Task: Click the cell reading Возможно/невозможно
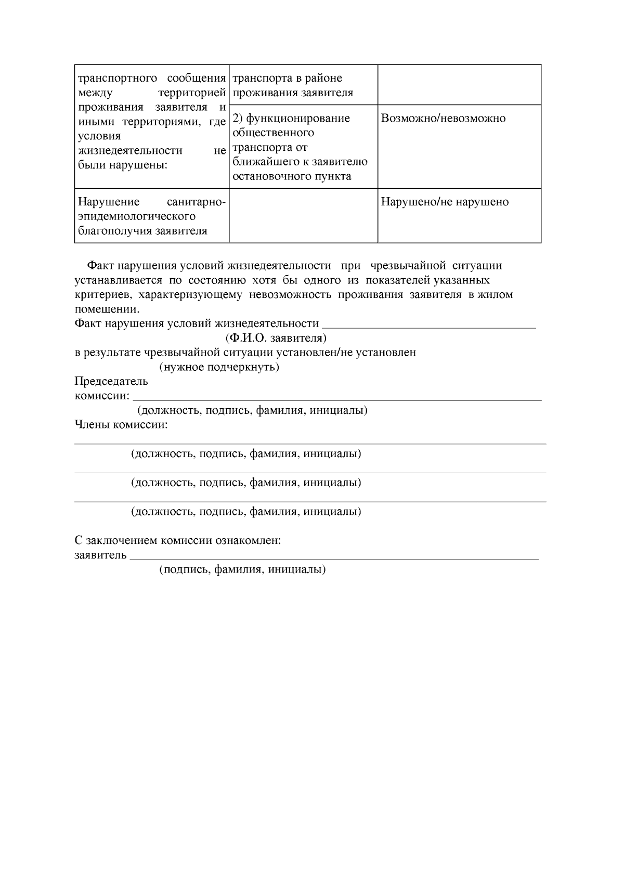tap(443, 119)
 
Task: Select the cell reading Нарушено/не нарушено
tap(445, 202)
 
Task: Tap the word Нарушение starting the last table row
tap(109, 202)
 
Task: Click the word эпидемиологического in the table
tap(137, 216)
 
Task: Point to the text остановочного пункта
tap(291, 176)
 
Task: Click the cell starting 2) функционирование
tap(291, 119)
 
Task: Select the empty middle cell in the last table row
tap(303, 215)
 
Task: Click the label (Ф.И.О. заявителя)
tap(276, 339)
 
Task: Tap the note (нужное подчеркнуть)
tap(219, 367)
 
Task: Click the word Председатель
tap(111, 382)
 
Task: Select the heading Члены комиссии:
tap(121, 425)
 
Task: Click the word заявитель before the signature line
tap(100, 555)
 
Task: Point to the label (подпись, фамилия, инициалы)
tap(242, 569)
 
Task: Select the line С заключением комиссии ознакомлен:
tap(178, 541)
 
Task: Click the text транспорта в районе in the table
tap(287, 79)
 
